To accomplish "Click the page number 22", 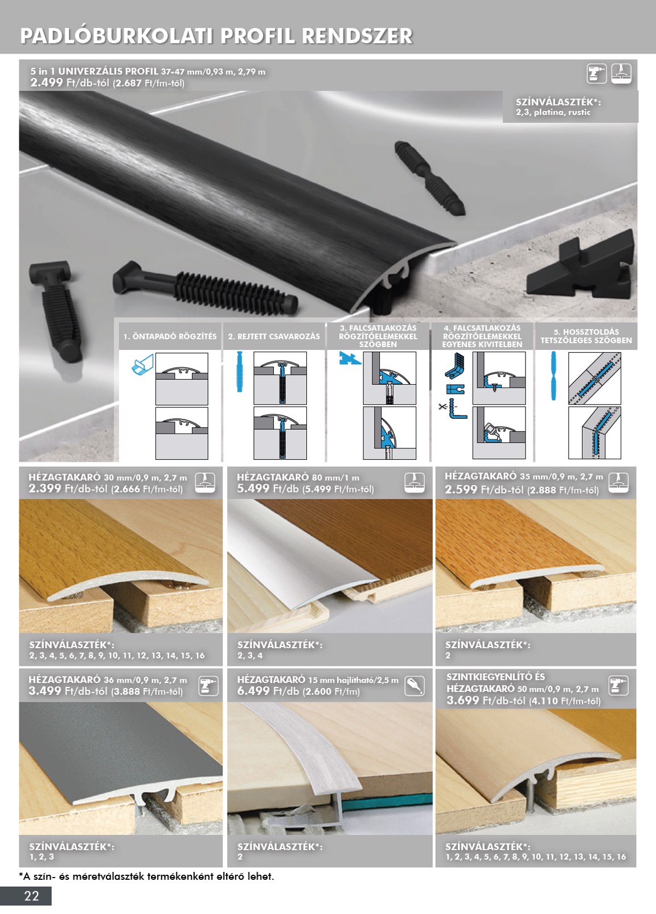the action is (31, 896).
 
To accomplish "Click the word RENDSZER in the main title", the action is (357, 36).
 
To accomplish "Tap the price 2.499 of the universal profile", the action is (47, 83).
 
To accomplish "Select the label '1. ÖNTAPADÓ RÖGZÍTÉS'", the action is (170, 336).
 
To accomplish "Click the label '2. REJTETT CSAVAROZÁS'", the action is (274, 336).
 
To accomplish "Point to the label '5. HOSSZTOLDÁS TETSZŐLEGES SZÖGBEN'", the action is (586, 336).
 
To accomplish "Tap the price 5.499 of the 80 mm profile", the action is (253, 488).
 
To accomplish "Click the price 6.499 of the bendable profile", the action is (253, 691).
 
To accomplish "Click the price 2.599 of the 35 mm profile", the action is (461, 489).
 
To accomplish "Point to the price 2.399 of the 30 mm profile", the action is (44, 488).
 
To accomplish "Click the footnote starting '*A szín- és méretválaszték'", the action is (146, 876).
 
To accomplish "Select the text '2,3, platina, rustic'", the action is (553, 112).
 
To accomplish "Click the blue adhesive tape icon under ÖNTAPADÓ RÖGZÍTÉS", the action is (142, 364).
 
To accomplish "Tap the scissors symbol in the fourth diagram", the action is (442, 406).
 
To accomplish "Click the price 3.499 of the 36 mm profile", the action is (44, 691).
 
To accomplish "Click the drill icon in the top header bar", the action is (596, 74).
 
